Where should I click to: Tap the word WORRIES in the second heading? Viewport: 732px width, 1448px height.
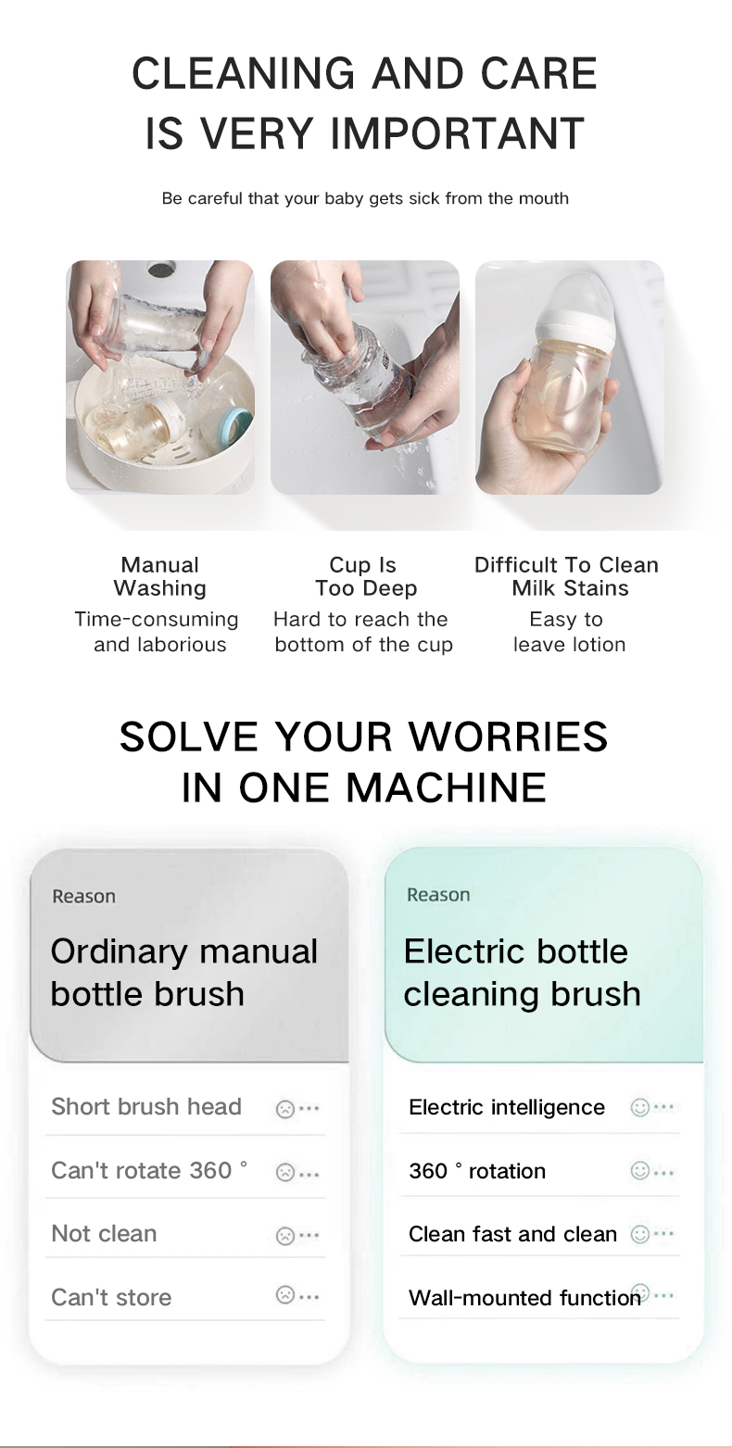point(509,737)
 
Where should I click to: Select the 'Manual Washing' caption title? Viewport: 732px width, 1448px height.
point(160,576)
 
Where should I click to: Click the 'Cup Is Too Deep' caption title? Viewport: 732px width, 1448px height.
point(364,576)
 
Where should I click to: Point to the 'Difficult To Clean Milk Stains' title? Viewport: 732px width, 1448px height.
point(567,576)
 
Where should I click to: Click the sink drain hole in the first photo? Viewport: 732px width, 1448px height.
point(161,270)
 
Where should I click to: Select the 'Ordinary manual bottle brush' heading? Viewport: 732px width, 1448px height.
point(183,973)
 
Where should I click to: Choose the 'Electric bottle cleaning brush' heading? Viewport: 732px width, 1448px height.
point(522,973)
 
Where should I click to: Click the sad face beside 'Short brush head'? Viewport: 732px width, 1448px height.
point(285,1109)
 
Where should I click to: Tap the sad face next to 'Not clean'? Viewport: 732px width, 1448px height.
point(285,1235)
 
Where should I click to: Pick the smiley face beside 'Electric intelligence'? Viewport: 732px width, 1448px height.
point(639,1107)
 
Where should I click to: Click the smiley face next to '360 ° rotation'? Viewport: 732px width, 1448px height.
point(639,1171)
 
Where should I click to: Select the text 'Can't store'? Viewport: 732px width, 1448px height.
point(111,1297)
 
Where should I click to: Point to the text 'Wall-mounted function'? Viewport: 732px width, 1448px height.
point(524,1298)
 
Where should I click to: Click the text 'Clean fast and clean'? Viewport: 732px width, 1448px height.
point(512,1234)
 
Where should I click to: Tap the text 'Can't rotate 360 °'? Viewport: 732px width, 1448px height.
point(149,1170)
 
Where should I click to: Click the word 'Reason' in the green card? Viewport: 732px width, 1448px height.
point(438,895)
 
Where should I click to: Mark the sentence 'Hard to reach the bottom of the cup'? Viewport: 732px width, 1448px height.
point(363,632)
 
